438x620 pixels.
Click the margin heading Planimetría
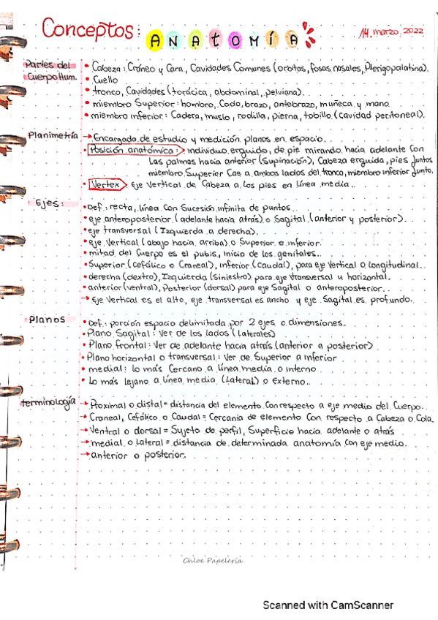click(x=52, y=135)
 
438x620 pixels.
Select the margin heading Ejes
click(x=48, y=204)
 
